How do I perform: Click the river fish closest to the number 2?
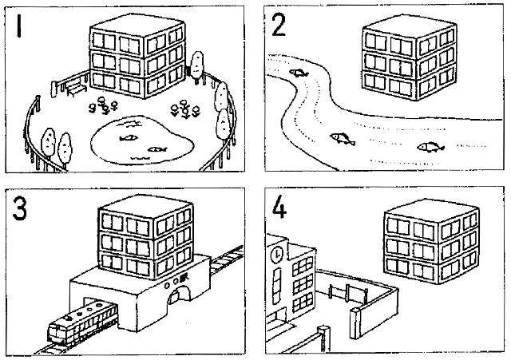299,73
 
